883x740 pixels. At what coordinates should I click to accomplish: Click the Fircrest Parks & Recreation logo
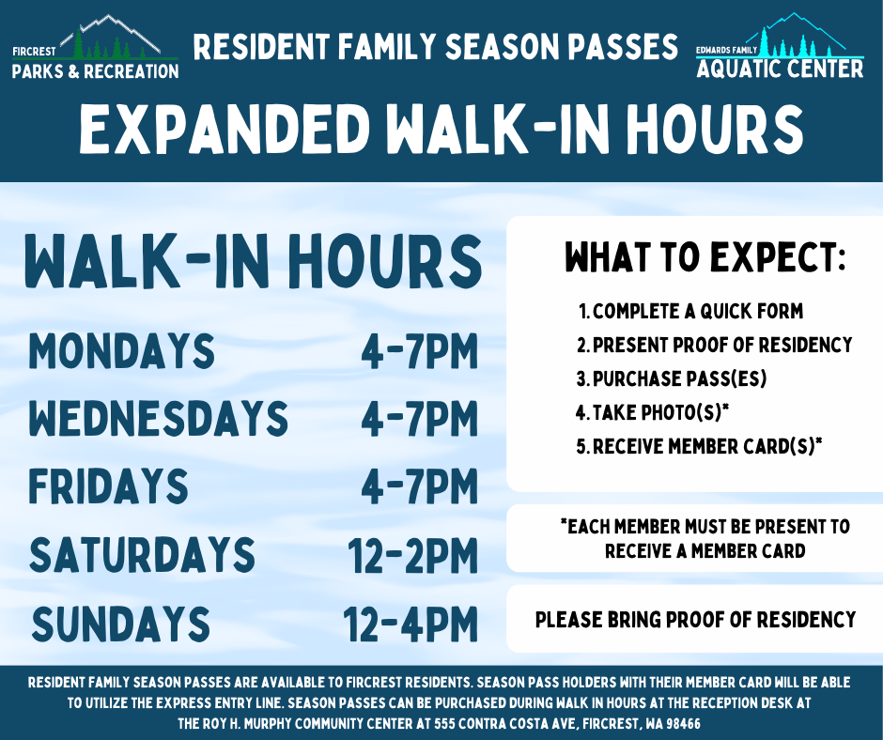coord(95,48)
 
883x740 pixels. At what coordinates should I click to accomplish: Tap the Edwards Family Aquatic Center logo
coord(780,46)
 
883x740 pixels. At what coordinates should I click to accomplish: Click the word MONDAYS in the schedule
coord(121,351)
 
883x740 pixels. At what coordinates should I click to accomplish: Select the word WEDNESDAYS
coord(158,419)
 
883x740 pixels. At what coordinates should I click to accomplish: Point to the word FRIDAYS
coord(108,486)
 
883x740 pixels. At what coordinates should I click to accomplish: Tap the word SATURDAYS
coord(142,555)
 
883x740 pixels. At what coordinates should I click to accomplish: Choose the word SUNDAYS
coord(120,624)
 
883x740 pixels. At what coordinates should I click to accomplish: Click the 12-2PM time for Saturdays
coord(412,556)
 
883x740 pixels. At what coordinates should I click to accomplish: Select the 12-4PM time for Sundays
coord(411,624)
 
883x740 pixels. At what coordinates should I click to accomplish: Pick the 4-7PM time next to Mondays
coord(420,352)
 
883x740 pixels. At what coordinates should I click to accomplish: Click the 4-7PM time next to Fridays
coord(420,487)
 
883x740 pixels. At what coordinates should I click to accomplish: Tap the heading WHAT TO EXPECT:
coord(705,257)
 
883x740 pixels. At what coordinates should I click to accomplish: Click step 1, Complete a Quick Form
coord(691,312)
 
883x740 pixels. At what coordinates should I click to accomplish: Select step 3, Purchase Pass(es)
coord(672,379)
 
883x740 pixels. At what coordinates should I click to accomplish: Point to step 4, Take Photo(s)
coord(653,413)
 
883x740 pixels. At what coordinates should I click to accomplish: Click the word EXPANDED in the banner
coord(225,129)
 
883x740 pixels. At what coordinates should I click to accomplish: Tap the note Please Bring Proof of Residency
coord(695,620)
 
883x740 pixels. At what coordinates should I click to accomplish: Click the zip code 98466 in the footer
coord(683,724)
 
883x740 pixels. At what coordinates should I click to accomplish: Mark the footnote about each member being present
coord(705,538)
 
